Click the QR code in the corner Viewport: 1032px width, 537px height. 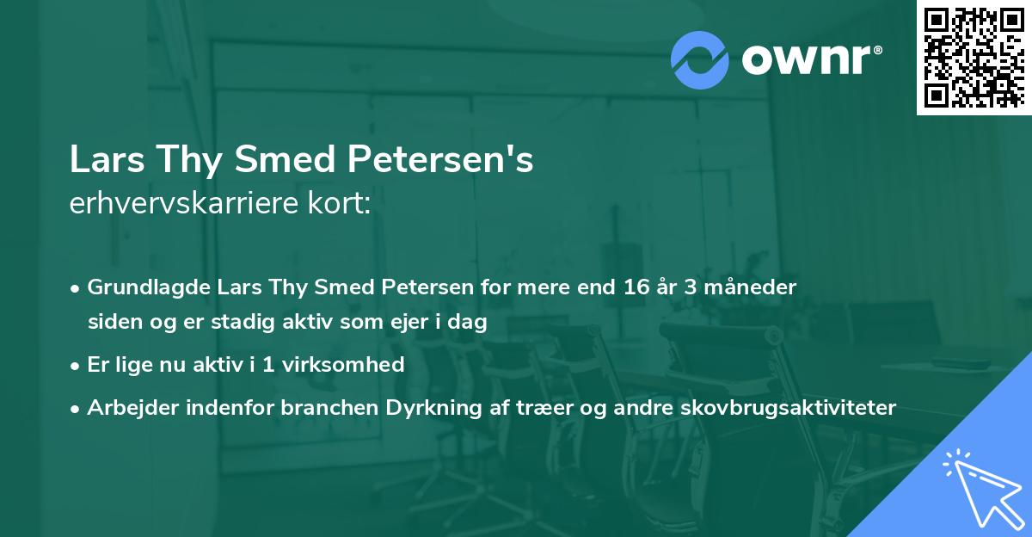(x=974, y=58)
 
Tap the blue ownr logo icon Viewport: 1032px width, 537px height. (x=700, y=59)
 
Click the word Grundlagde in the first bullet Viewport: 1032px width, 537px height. (x=139, y=287)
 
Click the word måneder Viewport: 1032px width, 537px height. (x=756, y=287)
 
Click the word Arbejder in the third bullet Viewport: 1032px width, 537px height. (x=126, y=407)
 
